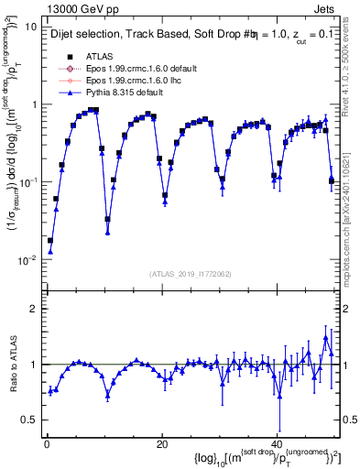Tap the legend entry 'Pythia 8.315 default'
pyautogui.click(x=128, y=93)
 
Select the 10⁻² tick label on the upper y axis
pyautogui.click(x=27, y=259)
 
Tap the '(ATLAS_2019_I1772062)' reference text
pyautogui.click(x=191, y=273)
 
